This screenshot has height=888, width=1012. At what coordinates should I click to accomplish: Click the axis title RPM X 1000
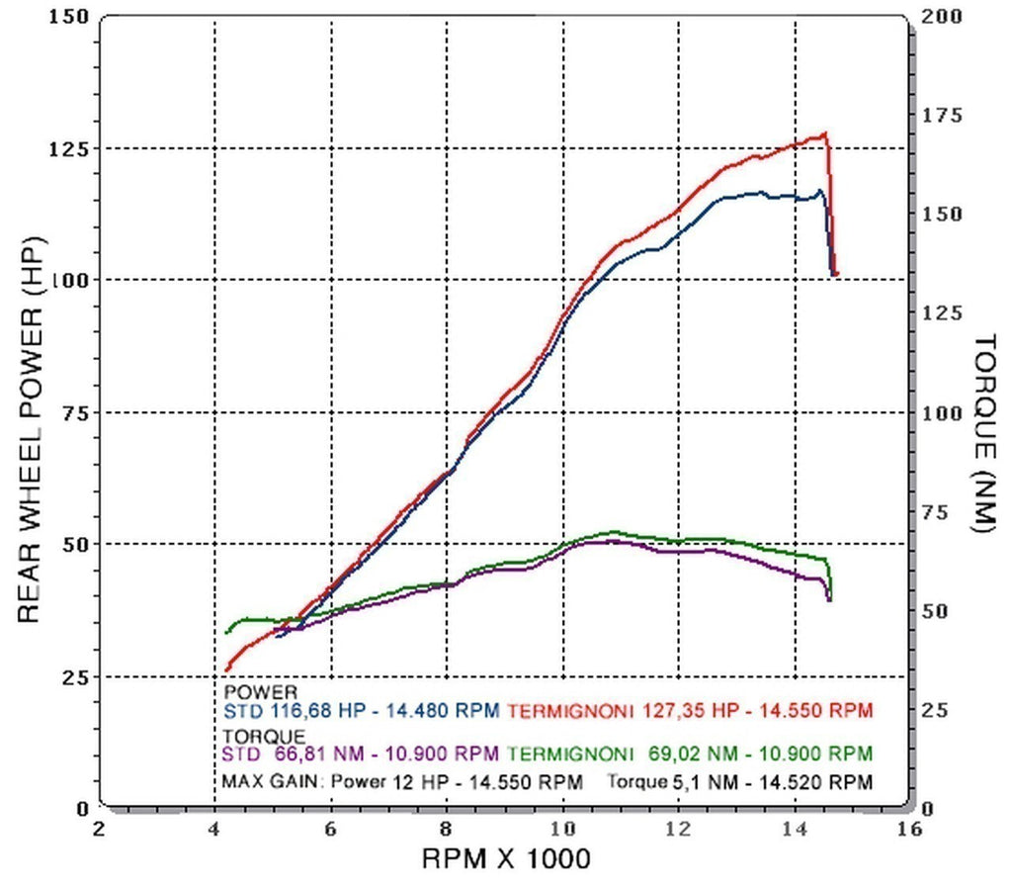point(506,859)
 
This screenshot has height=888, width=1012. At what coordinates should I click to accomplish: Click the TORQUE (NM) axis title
point(984,433)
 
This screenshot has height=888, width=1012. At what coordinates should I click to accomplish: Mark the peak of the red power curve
point(823,133)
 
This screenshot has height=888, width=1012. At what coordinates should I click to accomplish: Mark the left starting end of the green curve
point(228,632)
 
